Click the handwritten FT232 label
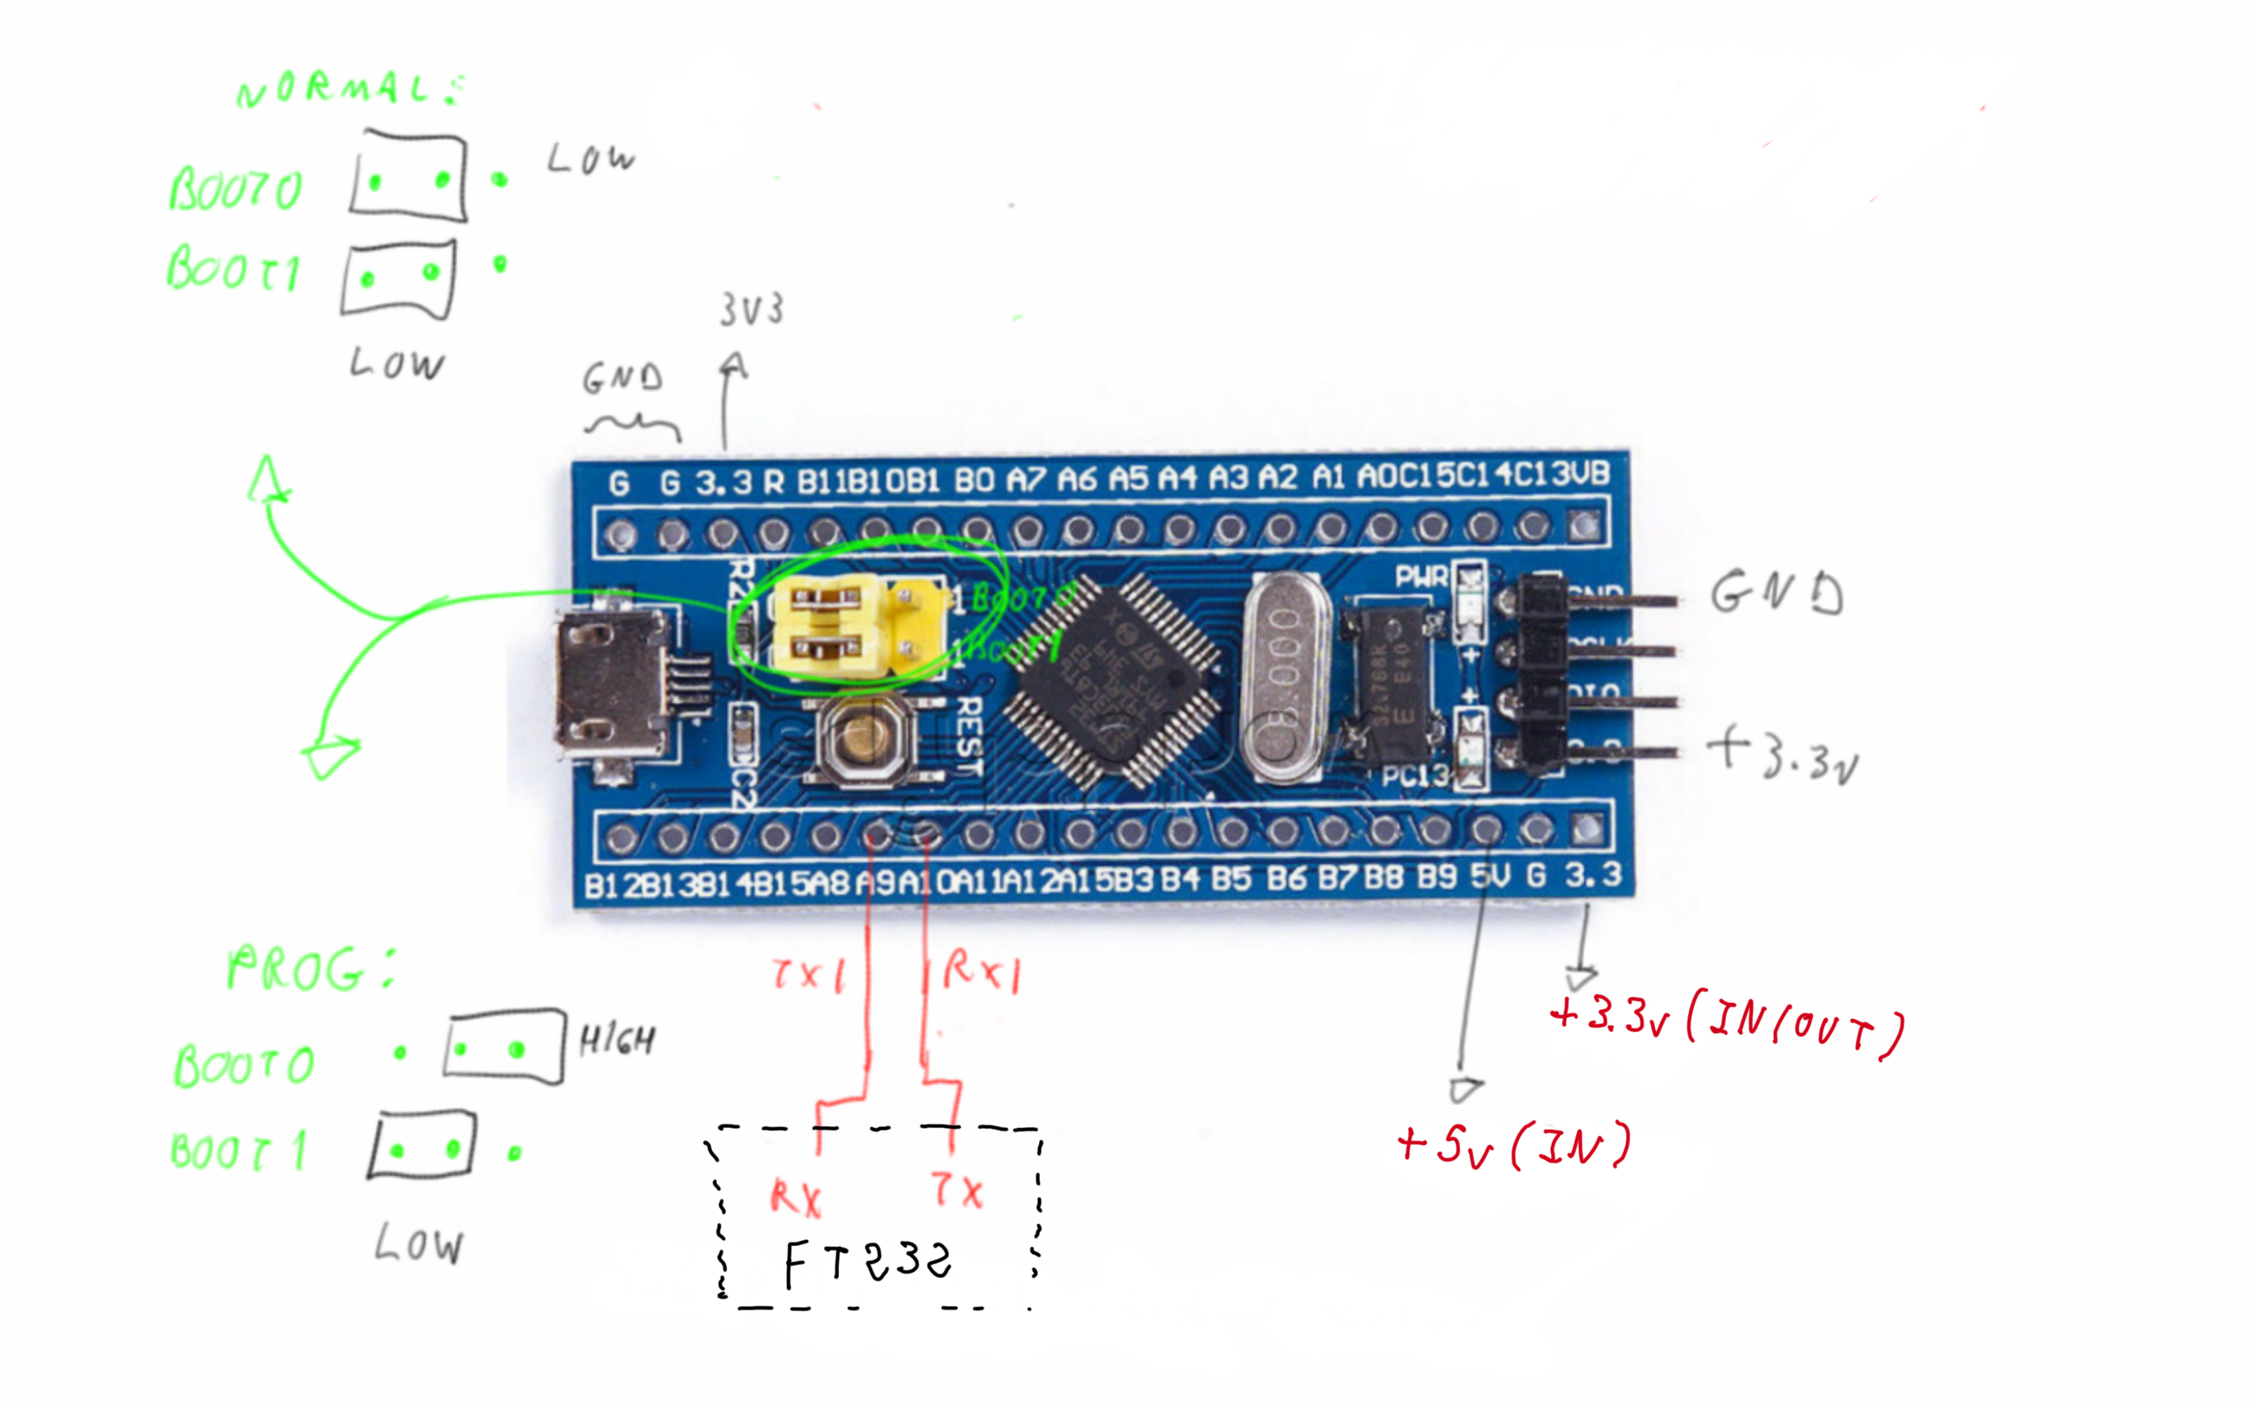coord(867,1262)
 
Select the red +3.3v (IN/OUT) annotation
coord(1725,1025)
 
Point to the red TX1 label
coord(808,974)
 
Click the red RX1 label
coord(981,972)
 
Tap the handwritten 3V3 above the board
coord(751,309)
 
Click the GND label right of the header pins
coord(1776,594)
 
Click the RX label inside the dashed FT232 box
coord(795,1199)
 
